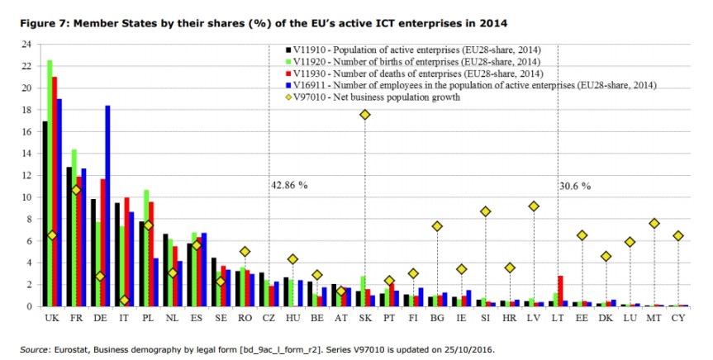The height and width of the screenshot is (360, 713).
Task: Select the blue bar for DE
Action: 107,206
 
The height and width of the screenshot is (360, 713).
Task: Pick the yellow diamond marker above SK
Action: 364,114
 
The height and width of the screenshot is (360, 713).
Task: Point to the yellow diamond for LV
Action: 534,206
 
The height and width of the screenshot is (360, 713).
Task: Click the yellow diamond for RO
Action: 245,252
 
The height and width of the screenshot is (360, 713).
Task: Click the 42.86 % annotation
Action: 289,185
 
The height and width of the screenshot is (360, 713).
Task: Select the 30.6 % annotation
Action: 575,185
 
